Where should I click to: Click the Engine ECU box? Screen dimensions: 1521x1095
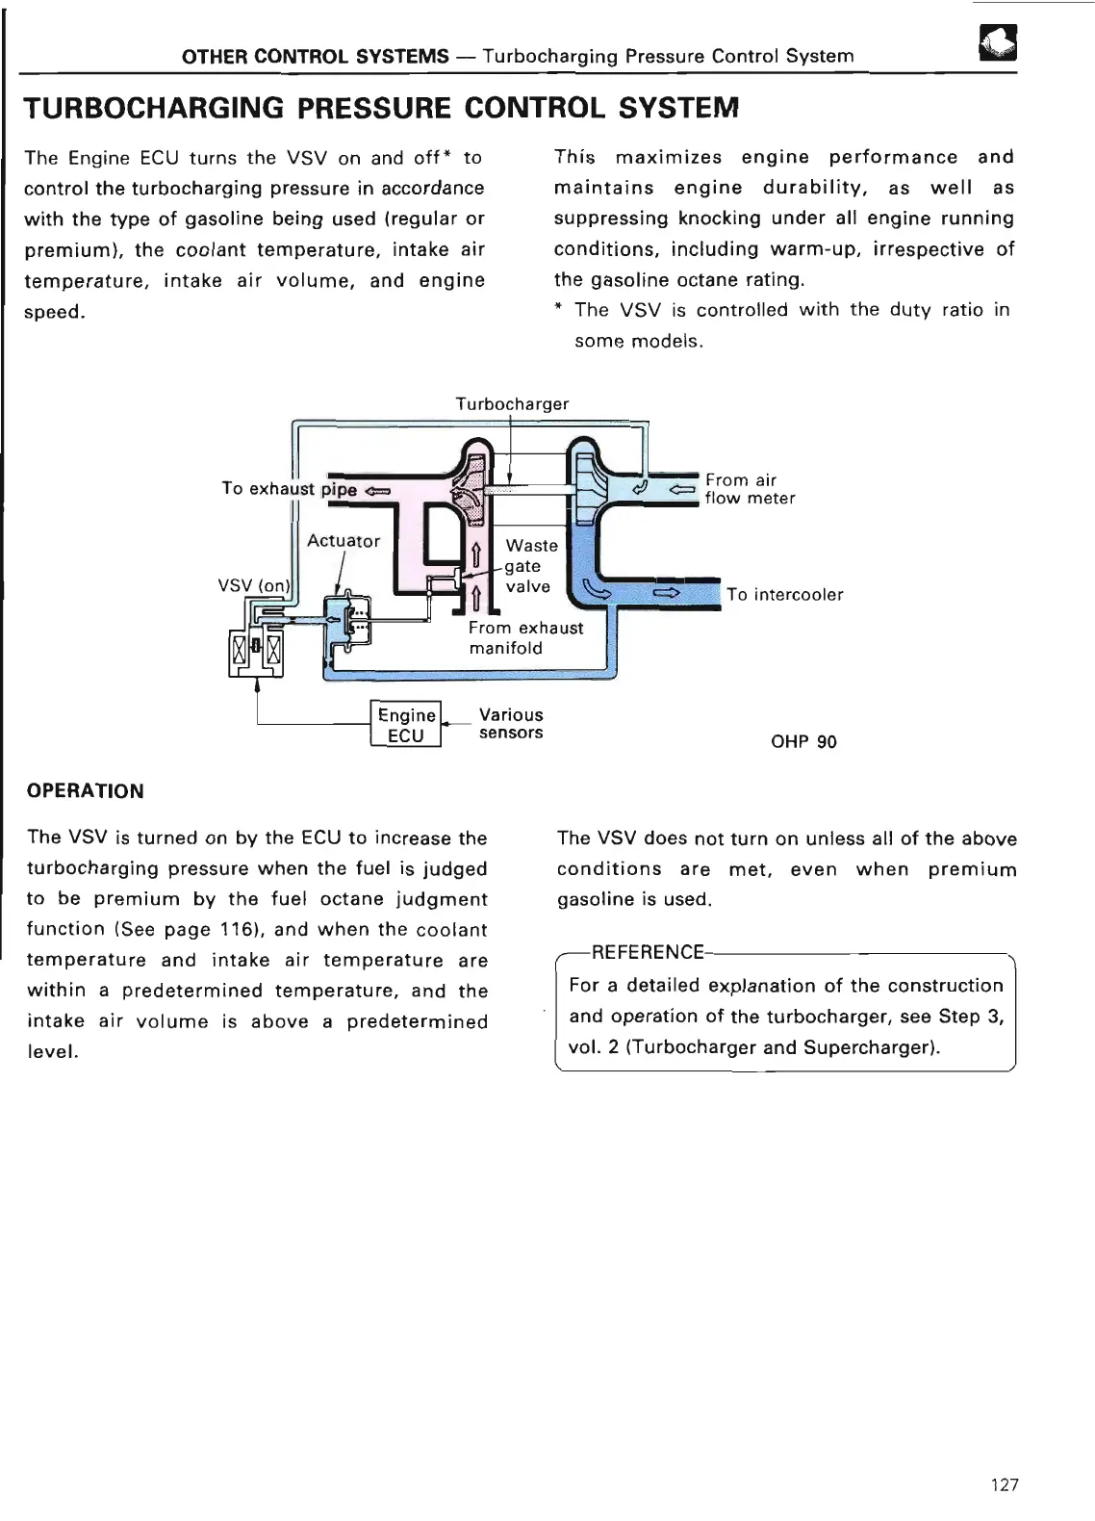point(406,725)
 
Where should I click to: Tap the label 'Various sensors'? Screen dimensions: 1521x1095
point(511,724)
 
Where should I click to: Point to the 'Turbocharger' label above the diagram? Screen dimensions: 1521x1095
point(512,404)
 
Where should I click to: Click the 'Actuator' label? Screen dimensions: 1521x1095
point(344,541)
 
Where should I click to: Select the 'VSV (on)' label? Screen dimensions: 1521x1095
point(254,585)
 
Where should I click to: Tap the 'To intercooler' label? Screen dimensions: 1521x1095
point(785,595)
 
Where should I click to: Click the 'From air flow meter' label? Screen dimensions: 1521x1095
point(750,489)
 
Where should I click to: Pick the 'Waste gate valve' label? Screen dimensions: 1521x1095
point(530,566)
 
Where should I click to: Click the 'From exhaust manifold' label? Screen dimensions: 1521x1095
point(525,637)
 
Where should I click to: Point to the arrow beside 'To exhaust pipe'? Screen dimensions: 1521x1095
point(378,490)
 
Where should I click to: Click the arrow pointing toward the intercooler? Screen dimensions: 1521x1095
point(666,593)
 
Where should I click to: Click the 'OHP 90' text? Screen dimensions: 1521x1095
point(803,742)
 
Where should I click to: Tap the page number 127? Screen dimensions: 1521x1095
point(1004,1484)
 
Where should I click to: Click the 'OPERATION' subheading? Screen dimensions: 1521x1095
point(86,791)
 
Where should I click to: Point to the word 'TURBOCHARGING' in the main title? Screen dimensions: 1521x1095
point(154,108)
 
